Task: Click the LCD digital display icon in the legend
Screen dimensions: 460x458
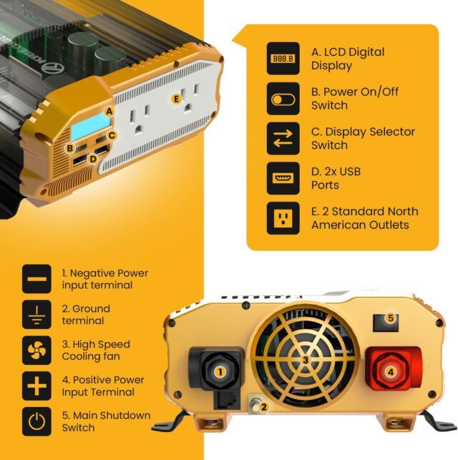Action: pyautogui.click(x=283, y=59)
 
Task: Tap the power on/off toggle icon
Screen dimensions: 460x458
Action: pyautogui.click(x=283, y=99)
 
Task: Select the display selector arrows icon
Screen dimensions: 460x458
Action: pyautogui.click(x=283, y=139)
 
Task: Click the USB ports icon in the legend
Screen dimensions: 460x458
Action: pyautogui.click(x=283, y=179)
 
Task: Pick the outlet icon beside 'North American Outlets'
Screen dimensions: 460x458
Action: pyautogui.click(x=283, y=218)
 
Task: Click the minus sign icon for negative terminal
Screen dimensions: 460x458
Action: pyautogui.click(x=36, y=279)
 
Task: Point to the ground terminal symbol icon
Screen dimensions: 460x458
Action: pyautogui.click(x=36, y=315)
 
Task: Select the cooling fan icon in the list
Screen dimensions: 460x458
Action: pyautogui.click(x=36, y=351)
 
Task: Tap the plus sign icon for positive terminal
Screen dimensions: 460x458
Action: pyautogui.click(x=36, y=386)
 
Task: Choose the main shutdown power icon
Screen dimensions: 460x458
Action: pyautogui.click(x=36, y=422)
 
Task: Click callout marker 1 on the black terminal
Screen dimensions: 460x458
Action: pyautogui.click(x=220, y=371)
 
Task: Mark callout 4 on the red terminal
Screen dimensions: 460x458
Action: pyautogui.click(x=390, y=371)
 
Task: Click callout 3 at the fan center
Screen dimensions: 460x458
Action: pyautogui.click(x=306, y=360)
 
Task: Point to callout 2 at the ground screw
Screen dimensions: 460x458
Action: pyautogui.click(x=263, y=408)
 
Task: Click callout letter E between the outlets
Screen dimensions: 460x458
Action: pyautogui.click(x=176, y=99)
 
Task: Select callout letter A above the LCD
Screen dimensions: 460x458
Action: pyautogui.click(x=109, y=111)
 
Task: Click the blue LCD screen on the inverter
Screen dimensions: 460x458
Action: pyautogui.click(x=87, y=129)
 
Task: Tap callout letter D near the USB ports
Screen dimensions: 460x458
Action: pyautogui.click(x=93, y=158)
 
